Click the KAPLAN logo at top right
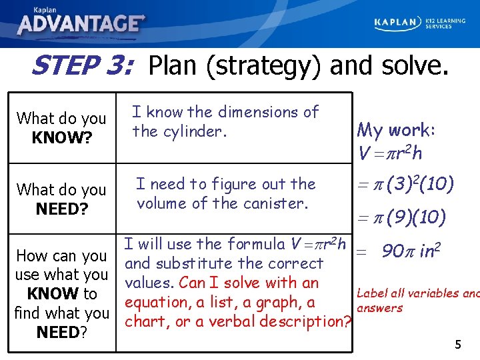(x=397, y=23)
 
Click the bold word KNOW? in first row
(x=61, y=137)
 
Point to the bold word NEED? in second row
(x=61, y=209)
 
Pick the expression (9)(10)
(x=420, y=217)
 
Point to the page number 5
(x=458, y=345)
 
